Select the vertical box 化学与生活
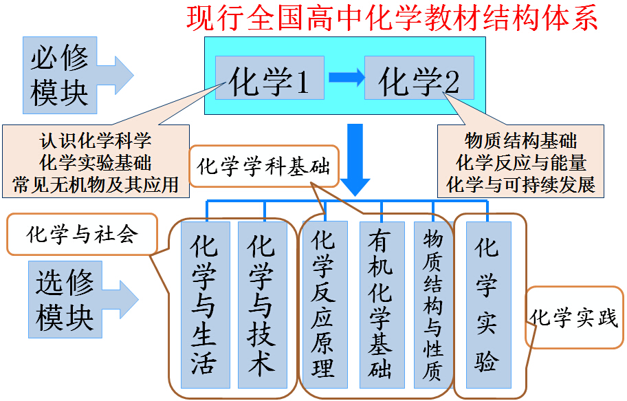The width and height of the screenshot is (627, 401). click(203, 305)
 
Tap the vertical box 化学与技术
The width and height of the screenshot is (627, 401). click(261, 305)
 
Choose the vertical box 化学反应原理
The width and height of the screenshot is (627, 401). click(322, 305)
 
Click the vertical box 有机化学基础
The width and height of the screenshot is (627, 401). click(379, 305)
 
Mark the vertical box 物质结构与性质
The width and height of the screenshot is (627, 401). click(433, 305)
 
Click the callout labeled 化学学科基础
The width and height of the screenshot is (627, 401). click(263, 166)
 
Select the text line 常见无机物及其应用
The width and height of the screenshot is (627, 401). click(96, 184)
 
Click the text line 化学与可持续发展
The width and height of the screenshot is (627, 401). click(520, 184)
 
